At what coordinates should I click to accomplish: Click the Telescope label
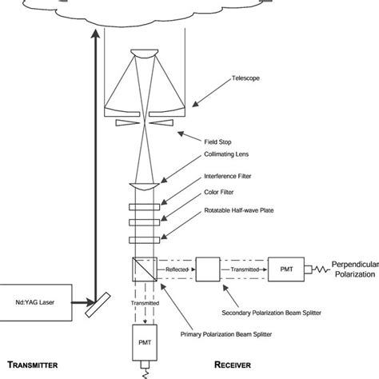[222, 78]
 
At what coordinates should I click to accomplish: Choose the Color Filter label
[217, 197]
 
